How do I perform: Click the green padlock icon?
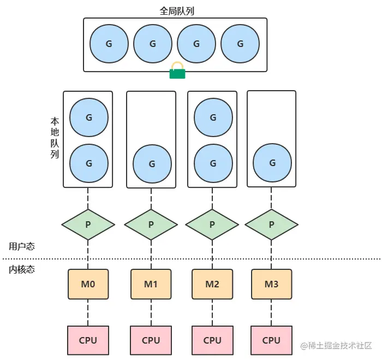177,70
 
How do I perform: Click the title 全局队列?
175,9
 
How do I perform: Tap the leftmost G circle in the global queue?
109,44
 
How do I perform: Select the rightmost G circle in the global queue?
240,44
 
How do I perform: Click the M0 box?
88,284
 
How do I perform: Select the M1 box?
151,284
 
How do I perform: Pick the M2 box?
212,284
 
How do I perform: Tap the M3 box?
271,284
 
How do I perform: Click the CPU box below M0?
88,340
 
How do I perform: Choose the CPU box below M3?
271,340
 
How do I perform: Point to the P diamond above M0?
88,224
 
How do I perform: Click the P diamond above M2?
212,224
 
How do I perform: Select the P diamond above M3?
271,224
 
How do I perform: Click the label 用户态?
22,246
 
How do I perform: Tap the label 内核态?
22,269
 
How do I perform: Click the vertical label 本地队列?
55,137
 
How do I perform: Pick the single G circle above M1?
152,163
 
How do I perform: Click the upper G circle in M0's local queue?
89,117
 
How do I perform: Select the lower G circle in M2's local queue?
213,163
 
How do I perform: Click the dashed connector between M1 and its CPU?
151,312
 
